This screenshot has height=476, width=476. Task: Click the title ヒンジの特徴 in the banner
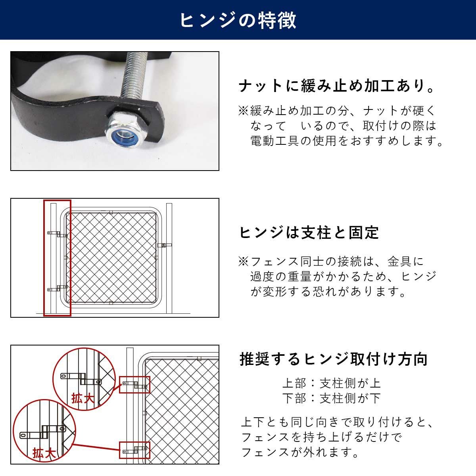238,20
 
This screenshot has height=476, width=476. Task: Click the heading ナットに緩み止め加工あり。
337,86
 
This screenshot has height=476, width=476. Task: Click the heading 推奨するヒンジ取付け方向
333,359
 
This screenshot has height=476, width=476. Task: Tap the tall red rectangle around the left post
57,258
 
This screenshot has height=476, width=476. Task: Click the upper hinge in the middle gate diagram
57,234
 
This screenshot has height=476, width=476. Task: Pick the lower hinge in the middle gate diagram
57,288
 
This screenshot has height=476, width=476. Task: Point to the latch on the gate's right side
165,245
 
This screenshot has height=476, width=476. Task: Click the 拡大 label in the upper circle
83,398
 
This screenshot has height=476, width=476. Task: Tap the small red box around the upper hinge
134,385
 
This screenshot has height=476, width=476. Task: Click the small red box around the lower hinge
134,450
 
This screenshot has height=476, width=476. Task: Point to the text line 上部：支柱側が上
331,383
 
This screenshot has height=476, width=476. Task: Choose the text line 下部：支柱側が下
331,398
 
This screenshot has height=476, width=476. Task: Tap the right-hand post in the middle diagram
169,258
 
